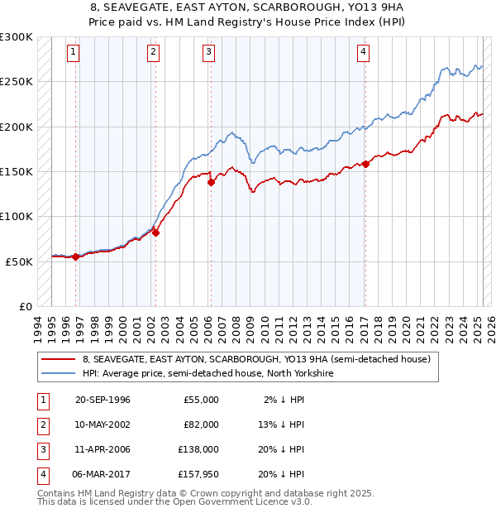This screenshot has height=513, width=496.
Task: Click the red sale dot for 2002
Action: (155, 233)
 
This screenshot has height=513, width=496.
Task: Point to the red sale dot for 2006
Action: (211, 183)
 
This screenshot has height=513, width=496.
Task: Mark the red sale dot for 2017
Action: (365, 164)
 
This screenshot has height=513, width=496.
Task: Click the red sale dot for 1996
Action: (76, 256)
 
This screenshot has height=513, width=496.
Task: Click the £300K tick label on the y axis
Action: (17, 37)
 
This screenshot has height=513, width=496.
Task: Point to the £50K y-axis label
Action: (20, 261)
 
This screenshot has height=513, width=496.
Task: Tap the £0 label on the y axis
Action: (25, 306)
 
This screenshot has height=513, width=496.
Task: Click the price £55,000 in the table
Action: (200, 400)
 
